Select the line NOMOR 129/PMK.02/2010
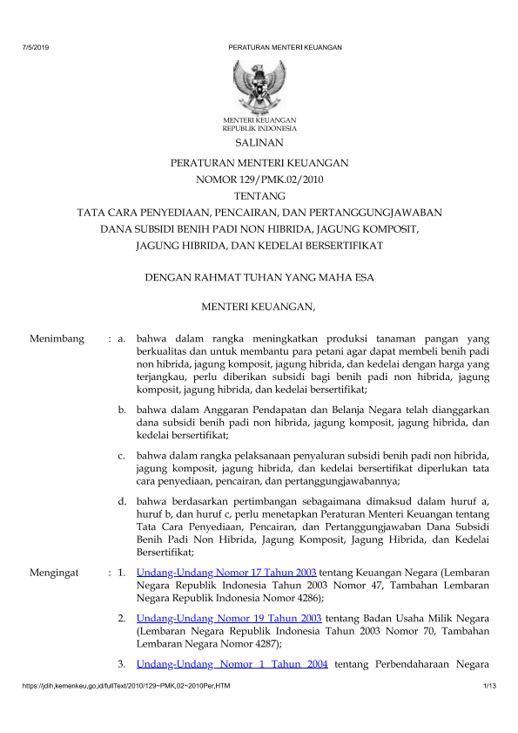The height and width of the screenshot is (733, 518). point(259,180)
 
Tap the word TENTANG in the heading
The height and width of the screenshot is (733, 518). point(259,196)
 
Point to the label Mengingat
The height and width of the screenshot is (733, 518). point(55,573)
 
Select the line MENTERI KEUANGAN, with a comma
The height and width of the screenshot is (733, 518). point(259,306)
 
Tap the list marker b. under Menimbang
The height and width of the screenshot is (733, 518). point(123,409)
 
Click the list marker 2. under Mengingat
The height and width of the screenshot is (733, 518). point(123,618)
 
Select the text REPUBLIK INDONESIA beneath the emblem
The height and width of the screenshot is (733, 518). point(259,127)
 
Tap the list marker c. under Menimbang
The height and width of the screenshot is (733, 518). point(123,455)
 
